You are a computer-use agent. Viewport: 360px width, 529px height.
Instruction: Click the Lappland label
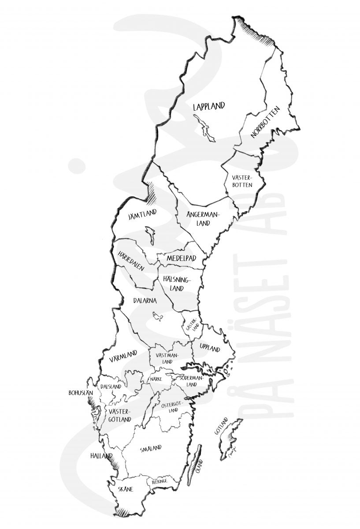tap(209, 106)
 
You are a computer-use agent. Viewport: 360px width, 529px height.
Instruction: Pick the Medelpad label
tap(181, 258)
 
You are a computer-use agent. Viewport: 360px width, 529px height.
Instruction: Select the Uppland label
tap(209, 348)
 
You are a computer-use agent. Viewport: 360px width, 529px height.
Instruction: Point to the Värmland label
tap(123, 356)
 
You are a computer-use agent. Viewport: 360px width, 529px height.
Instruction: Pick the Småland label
tap(150, 449)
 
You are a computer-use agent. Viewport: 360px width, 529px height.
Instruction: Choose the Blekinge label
tap(159, 482)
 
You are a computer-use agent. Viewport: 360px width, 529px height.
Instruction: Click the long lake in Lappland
tap(204, 128)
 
